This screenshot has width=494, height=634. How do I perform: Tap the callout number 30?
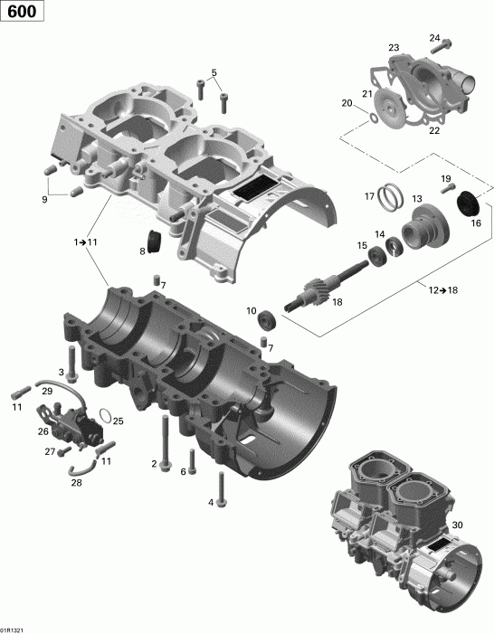457,525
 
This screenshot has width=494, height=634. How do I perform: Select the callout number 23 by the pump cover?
394,47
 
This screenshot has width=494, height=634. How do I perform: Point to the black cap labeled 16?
468,205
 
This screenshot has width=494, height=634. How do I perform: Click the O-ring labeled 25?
107,417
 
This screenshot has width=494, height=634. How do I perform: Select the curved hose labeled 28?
84,465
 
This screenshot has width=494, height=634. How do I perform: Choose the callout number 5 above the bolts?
214,72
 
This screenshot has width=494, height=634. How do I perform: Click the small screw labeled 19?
444,190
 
